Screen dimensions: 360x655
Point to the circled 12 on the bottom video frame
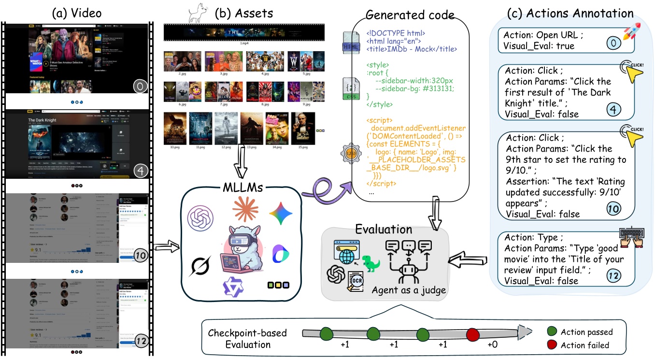pyautogui.click(x=140, y=341)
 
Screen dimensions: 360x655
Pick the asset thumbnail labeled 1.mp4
pyautogui.click(x=240, y=32)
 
